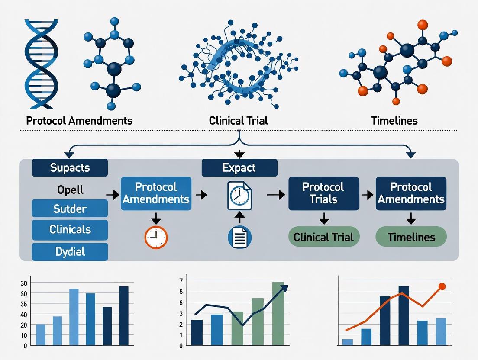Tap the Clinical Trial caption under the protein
(239, 120)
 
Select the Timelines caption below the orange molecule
(394, 120)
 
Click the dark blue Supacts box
(70, 167)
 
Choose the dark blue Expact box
(239, 167)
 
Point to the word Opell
(70, 190)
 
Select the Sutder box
(70, 209)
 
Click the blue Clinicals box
(70, 229)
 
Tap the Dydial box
(70, 251)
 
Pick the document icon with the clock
(239, 196)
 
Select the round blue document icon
(239, 237)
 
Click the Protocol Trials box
(323, 193)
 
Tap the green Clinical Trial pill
(323, 237)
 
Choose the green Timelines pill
(411, 237)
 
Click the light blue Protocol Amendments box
(155, 193)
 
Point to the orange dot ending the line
(442, 286)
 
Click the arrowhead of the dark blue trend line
(286, 287)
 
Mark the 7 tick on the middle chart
(181, 280)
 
